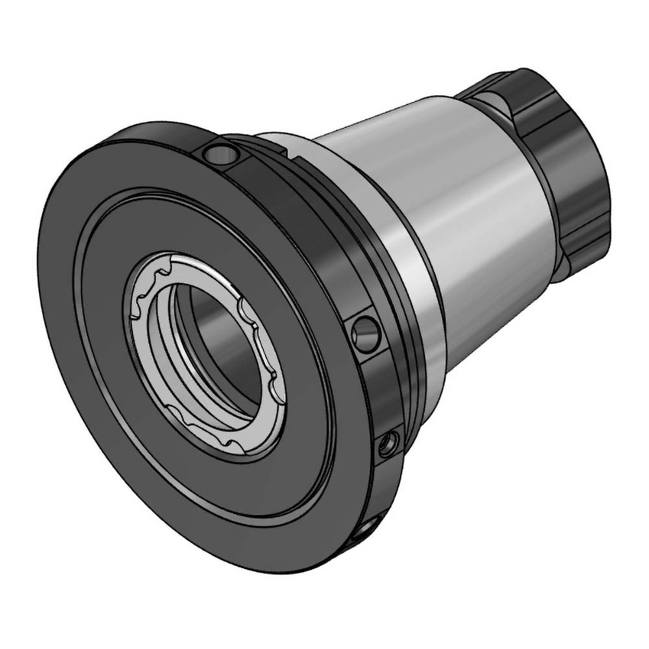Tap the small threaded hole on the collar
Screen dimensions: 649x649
click(x=389, y=444)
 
